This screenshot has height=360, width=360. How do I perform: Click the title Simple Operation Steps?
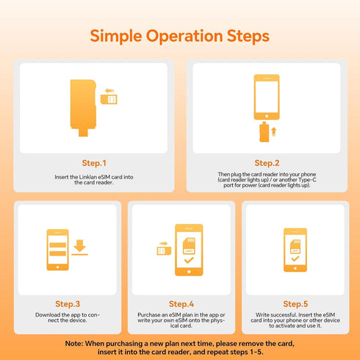pyautogui.click(x=180, y=36)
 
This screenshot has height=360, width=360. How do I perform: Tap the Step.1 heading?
pyautogui.click(x=94, y=163)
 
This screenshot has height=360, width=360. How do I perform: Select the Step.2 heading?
pyautogui.click(x=267, y=163)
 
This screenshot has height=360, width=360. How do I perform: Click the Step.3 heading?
pyautogui.click(x=68, y=304)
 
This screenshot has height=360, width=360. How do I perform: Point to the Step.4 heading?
pyautogui.click(x=181, y=304)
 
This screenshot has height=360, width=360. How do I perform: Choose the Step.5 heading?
pyautogui.click(x=295, y=304)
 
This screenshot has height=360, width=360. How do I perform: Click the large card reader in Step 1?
pyautogui.click(x=83, y=108)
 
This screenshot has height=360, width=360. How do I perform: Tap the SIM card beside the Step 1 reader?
pyautogui.click(x=109, y=99)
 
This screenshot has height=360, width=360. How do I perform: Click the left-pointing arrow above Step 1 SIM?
pyautogui.click(x=109, y=91)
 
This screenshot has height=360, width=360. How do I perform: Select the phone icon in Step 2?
pyautogui.click(x=267, y=97)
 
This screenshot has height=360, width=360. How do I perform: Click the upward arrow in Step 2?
pyautogui.click(x=274, y=132)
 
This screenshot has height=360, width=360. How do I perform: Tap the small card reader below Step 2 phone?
pyautogui.click(x=264, y=132)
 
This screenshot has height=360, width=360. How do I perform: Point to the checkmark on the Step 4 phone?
pyautogui.click(x=189, y=260)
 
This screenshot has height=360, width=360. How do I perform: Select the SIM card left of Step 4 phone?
pyautogui.click(x=164, y=251)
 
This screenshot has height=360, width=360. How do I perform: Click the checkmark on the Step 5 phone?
pyautogui.click(x=295, y=259)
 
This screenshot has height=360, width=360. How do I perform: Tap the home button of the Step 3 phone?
pyautogui.click(x=58, y=267)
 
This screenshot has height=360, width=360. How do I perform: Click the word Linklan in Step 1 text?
pyautogui.click(x=88, y=177)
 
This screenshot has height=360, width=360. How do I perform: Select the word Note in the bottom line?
pyautogui.click(x=73, y=344)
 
